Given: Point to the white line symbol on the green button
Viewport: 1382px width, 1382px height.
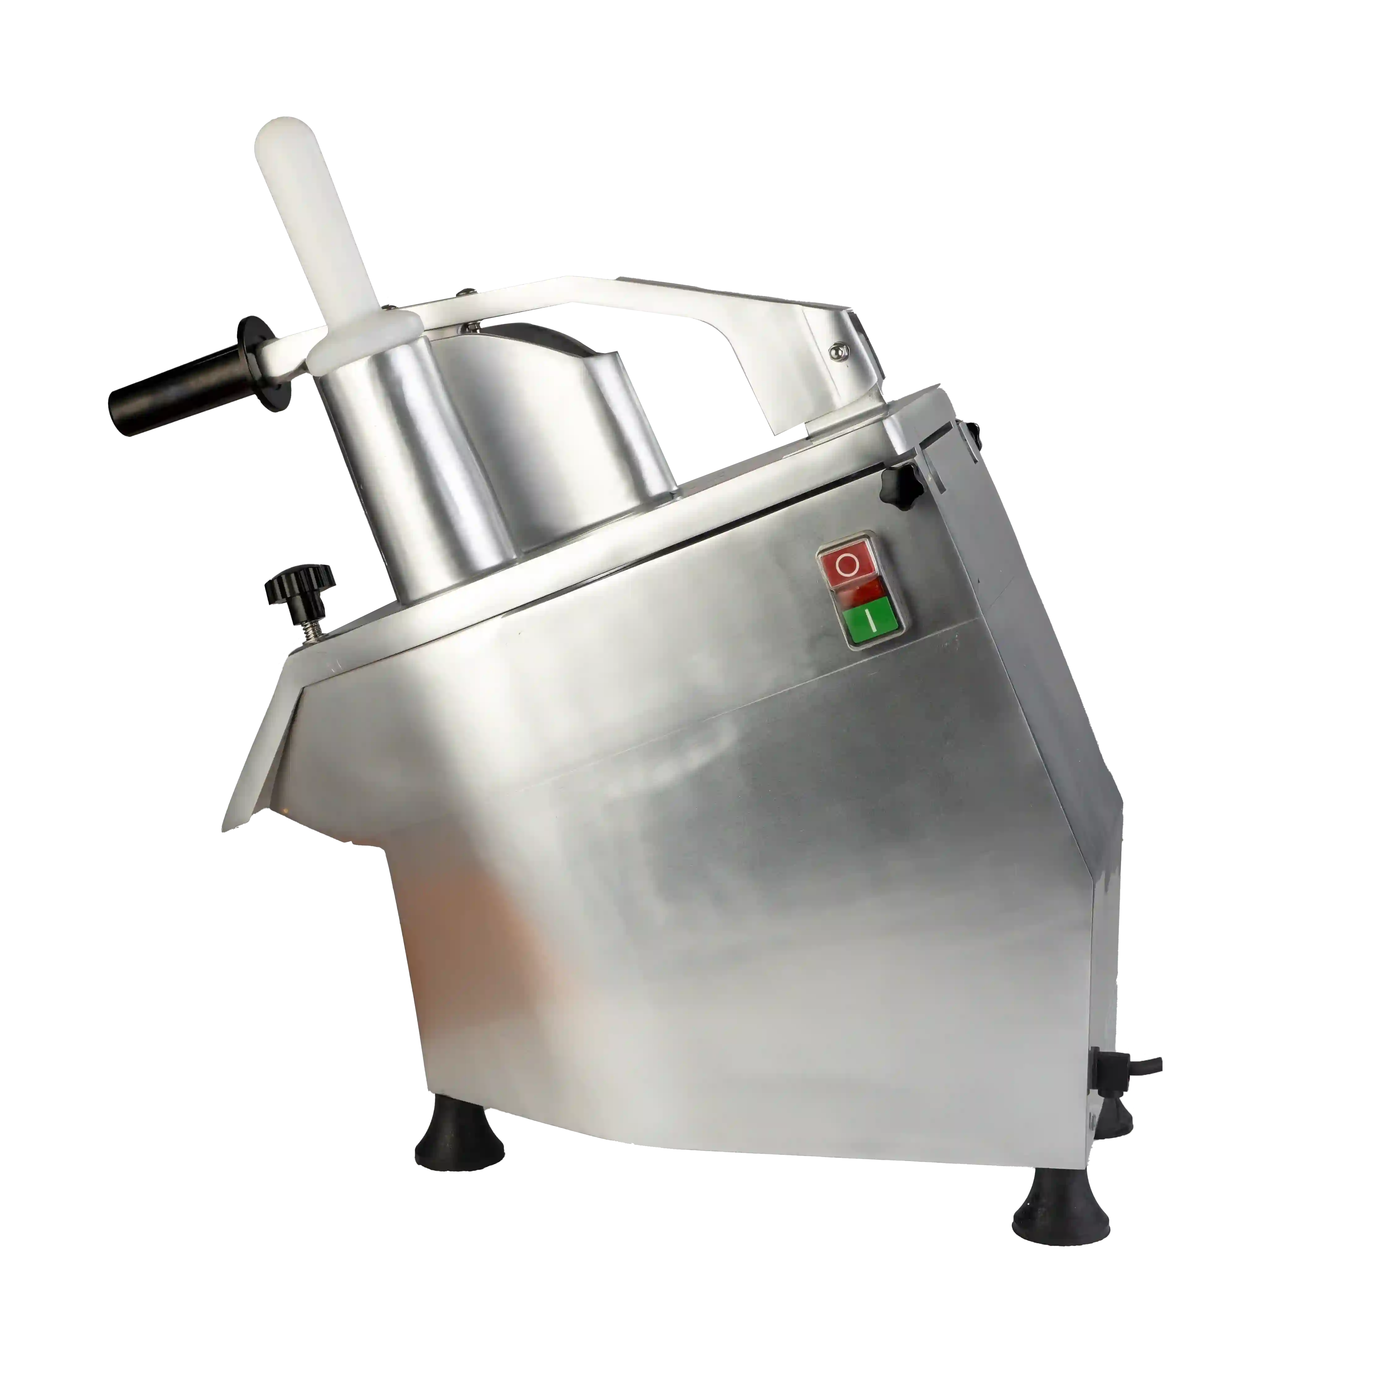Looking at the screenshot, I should click(871, 620).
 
